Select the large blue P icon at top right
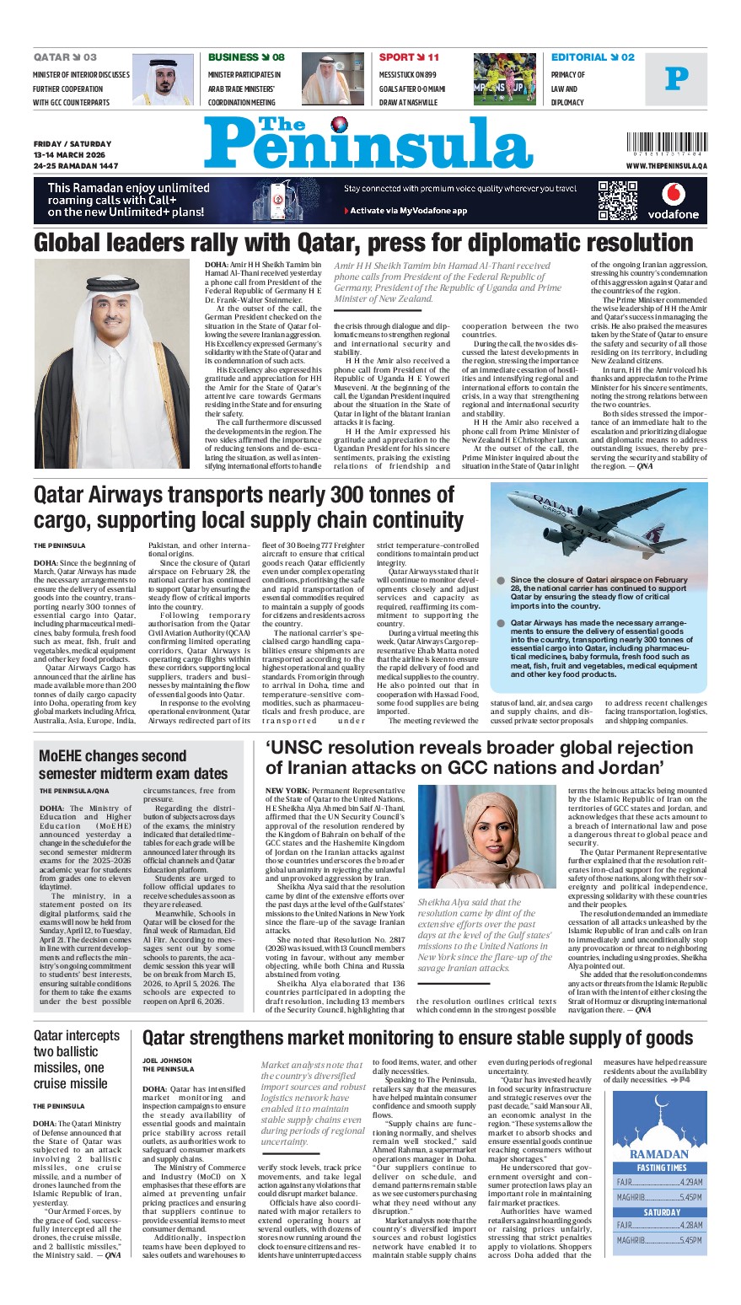tap(676, 79)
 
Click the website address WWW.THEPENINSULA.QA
tap(667, 166)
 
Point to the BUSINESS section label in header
tap(234, 57)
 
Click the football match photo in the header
tap(504, 79)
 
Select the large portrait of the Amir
tap(112, 363)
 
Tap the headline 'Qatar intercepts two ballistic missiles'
tap(77, 1060)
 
